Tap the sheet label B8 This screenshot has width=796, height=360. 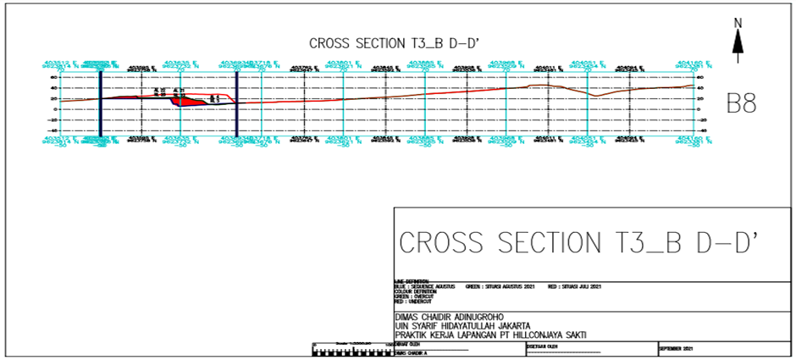(741, 103)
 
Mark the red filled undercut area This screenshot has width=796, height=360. (189, 101)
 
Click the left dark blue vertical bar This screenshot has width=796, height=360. (101, 102)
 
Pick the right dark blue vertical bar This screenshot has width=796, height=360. (236, 102)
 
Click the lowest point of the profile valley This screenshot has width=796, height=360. (597, 96)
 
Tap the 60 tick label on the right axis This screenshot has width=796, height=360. (701, 76)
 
